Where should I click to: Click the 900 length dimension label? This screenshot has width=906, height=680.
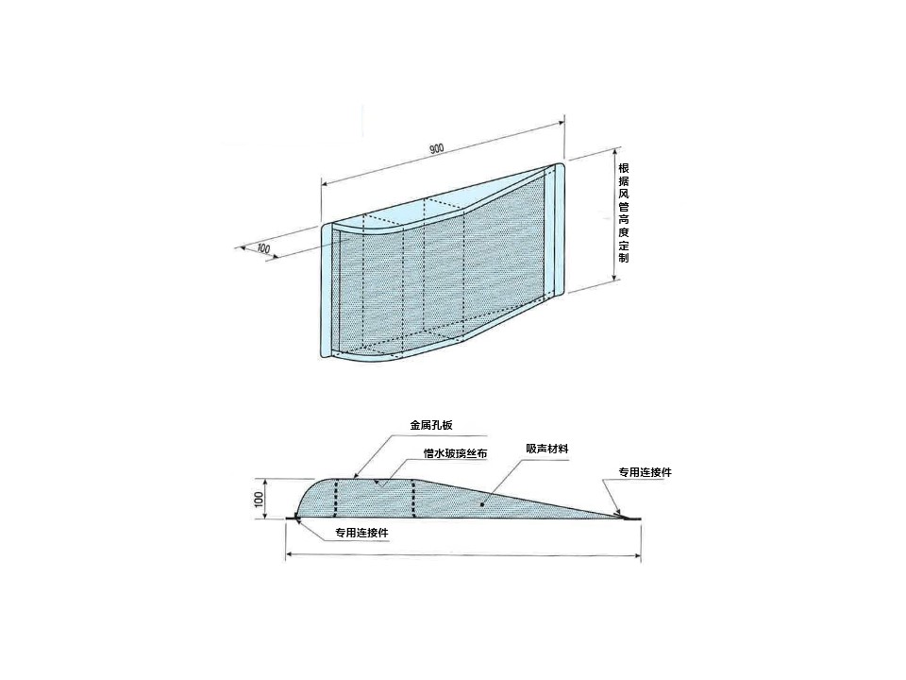click(x=436, y=148)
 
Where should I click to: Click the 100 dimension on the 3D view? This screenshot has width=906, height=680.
click(x=263, y=248)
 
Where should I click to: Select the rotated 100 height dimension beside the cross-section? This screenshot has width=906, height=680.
click(x=259, y=499)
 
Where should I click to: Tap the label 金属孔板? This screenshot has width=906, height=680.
click(x=431, y=425)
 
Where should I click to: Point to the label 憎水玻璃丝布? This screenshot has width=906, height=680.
click(x=455, y=453)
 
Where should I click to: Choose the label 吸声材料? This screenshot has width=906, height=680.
click(x=547, y=449)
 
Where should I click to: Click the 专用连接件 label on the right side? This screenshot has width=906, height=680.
click(x=646, y=472)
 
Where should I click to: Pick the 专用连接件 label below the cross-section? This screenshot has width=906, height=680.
click(x=362, y=533)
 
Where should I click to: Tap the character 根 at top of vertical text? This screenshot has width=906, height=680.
click(x=624, y=168)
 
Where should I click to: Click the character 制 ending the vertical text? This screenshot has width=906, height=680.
click(x=624, y=257)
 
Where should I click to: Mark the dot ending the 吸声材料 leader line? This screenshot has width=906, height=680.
click(x=482, y=503)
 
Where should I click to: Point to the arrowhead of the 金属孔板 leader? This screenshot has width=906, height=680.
click(x=356, y=475)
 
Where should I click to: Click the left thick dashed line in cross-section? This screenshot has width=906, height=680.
click(x=336, y=498)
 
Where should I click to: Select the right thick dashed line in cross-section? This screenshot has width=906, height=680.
click(x=413, y=498)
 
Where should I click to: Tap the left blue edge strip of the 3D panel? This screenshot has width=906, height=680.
click(x=327, y=289)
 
